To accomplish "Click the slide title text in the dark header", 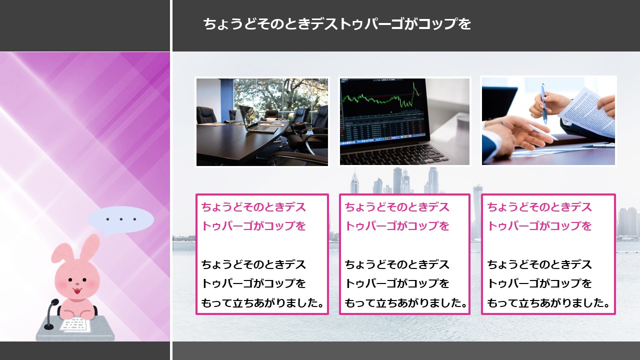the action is [x=337, y=23].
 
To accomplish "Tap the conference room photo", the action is [x=262, y=122].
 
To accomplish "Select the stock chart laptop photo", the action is [x=404, y=121].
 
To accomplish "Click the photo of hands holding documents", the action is [x=548, y=121].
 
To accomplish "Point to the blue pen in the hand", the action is [x=543, y=103].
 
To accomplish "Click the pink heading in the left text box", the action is [x=253, y=216].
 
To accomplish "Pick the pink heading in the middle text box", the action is [x=397, y=216].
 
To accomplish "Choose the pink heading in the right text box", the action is [x=539, y=216].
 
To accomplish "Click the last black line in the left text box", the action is [x=262, y=303].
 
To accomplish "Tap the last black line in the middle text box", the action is [x=405, y=303].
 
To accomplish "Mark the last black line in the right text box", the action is [x=548, y=303].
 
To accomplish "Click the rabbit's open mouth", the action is [x=77, y=291].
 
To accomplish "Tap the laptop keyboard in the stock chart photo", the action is [x=394, y=153].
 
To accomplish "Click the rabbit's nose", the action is [x=77, y=284].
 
